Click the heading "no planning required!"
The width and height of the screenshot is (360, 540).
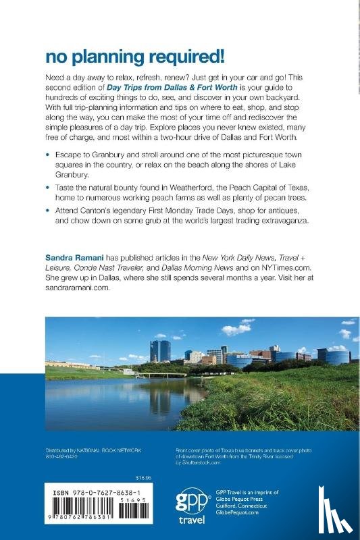[124, 56]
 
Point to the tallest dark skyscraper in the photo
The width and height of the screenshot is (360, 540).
[160, 350]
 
